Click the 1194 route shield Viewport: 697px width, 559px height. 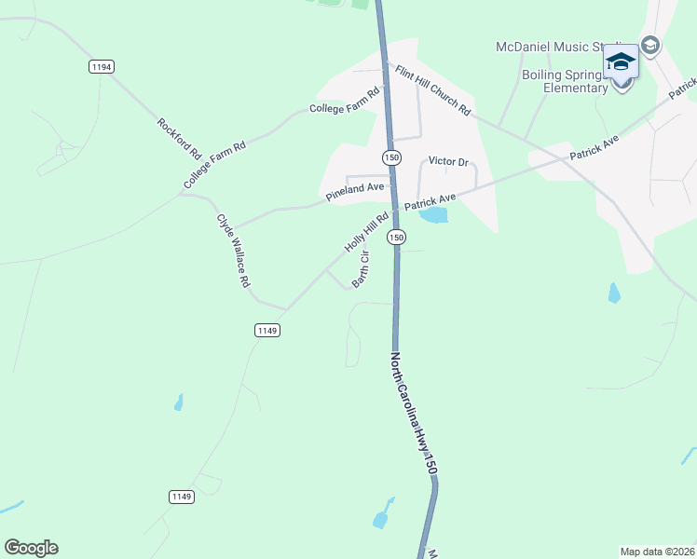point(102,66)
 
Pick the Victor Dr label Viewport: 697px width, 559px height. point(447,161)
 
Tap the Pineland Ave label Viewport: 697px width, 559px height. point(355,192)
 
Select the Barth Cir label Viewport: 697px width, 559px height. point(361,270)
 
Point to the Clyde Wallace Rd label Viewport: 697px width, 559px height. point(234,251)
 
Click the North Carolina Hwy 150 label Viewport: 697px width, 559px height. point(413,414)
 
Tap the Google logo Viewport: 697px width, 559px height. point(31,548)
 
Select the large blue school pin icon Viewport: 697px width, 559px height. point(622,62)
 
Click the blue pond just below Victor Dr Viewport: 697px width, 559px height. point(433,215)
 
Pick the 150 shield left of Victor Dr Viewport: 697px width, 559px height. point(391,157)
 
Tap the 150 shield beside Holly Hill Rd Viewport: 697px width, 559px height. point(397,238)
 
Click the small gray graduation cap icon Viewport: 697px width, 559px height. point(649,45)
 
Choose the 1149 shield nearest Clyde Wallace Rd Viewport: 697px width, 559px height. point(267,330)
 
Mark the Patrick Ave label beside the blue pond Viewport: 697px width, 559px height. point(430,199)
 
